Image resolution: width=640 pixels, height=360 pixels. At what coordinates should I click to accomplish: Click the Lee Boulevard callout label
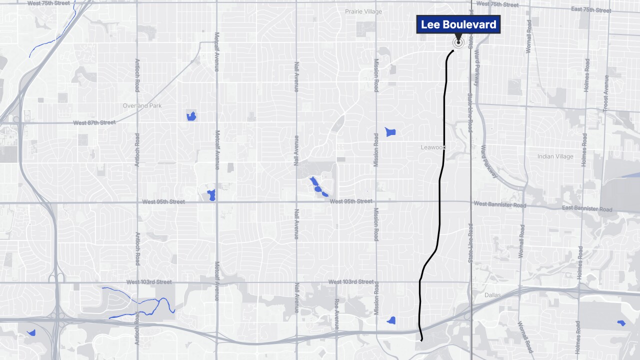[x=458, y=24]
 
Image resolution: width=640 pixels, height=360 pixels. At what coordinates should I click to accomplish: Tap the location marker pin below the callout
[x=457, y=42]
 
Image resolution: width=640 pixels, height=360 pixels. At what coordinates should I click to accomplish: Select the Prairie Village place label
[x=363, y=11]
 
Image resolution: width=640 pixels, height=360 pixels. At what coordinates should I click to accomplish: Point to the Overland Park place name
[x=142, y=106]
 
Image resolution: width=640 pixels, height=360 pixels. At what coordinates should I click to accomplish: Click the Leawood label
[x=432, y=147]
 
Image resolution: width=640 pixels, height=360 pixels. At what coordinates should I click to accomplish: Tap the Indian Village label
[x=555, y=156]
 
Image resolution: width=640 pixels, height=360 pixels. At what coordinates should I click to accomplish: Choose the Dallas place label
[x=492, y=295]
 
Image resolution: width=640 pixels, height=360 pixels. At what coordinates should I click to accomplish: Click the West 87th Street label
[x=94, y=122]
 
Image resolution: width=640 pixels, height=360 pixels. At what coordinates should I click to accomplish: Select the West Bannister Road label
[x=499, y=204]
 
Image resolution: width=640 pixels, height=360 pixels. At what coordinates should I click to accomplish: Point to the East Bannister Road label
[x=586, y=208]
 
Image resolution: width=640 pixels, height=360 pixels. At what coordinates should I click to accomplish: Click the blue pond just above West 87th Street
[x=190, y=116]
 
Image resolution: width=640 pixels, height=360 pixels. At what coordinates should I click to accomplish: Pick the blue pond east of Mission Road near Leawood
[x=390, y=132]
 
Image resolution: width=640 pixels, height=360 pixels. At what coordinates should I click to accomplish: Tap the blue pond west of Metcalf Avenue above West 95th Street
[x=211, y=195]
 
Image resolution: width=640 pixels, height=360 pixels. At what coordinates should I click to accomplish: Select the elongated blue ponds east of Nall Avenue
[x=317, y=186]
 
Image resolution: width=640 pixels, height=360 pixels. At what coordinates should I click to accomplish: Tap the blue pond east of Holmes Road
[x=621, y=323]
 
